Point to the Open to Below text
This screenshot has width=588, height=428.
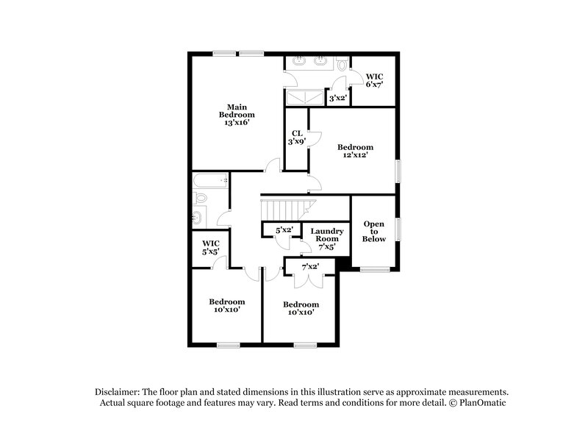(374, 231)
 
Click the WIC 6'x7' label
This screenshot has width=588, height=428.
(374, 80)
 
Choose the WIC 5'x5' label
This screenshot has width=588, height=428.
(211, 247)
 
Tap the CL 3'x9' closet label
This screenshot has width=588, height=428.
(296, 138)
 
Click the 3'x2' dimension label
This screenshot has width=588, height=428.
(337, 98)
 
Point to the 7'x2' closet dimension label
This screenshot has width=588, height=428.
(310, 266)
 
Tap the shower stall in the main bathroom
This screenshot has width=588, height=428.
(304, 98)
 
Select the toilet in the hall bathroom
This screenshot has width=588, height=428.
(199, 197)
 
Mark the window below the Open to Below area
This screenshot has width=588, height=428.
(373, 269)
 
